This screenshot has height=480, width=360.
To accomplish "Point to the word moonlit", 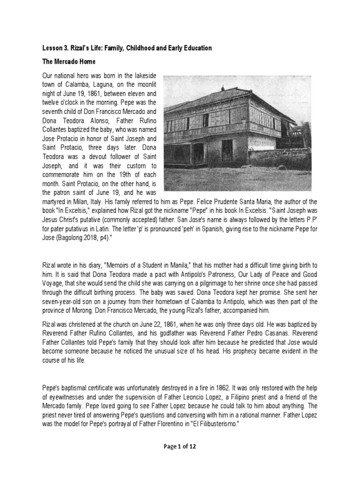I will (151, 84).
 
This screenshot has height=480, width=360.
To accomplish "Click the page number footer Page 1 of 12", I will (180, 447).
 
